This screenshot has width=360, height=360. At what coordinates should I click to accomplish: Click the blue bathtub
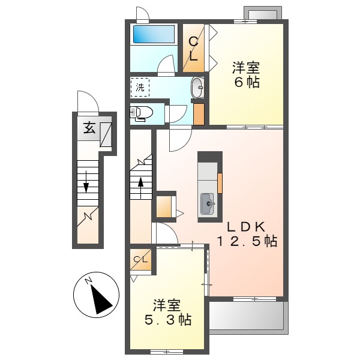[153, 34]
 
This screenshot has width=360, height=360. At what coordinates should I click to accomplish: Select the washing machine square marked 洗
[140, 88]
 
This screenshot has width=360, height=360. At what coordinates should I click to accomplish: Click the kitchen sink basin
[209, 204]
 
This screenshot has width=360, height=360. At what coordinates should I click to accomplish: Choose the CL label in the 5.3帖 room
[140, 259]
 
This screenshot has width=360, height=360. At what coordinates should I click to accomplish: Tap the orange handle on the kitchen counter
[220, 182]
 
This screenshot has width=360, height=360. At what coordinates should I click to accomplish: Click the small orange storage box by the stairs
[164, 206]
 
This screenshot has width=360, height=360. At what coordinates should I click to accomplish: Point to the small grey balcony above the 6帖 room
[262, 14]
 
